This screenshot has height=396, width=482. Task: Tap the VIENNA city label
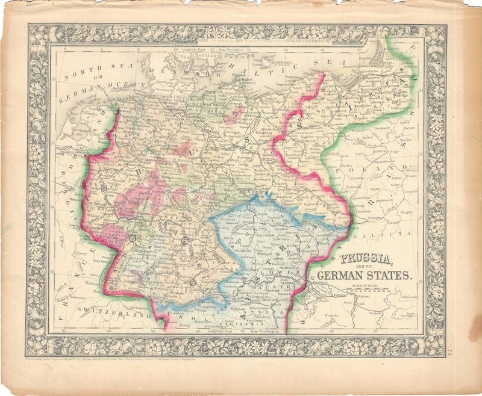click(x=287, y=282)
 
